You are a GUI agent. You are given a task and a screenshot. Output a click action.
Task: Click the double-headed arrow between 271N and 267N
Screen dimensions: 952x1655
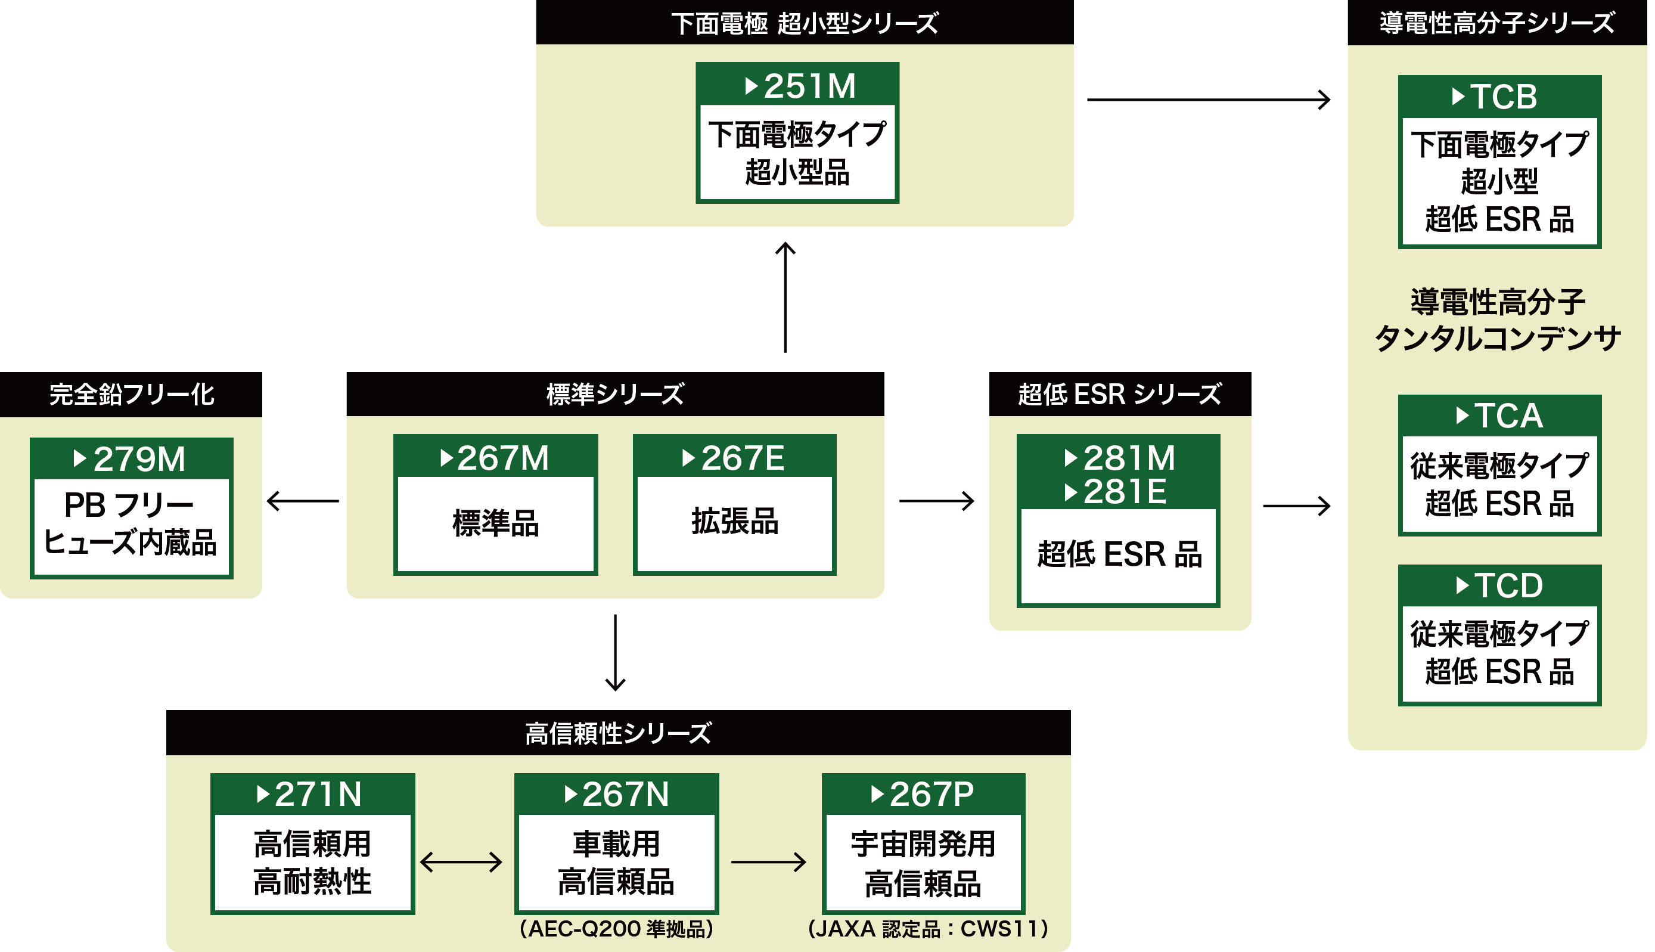[461, 862]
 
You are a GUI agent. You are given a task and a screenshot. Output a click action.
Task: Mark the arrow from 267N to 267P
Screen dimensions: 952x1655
[769, 862]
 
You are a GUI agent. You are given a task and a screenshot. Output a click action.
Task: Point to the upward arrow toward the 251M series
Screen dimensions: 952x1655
[785, 297]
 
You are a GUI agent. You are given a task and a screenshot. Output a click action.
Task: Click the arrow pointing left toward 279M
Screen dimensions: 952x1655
[303, 501]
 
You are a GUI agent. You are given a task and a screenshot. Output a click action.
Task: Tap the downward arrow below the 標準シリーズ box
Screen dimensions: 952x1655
[615, 653]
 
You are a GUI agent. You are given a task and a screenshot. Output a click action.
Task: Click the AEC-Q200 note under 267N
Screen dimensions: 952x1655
[616, 929]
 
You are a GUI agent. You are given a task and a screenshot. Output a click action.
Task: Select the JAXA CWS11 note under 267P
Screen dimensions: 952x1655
[927, 929]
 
